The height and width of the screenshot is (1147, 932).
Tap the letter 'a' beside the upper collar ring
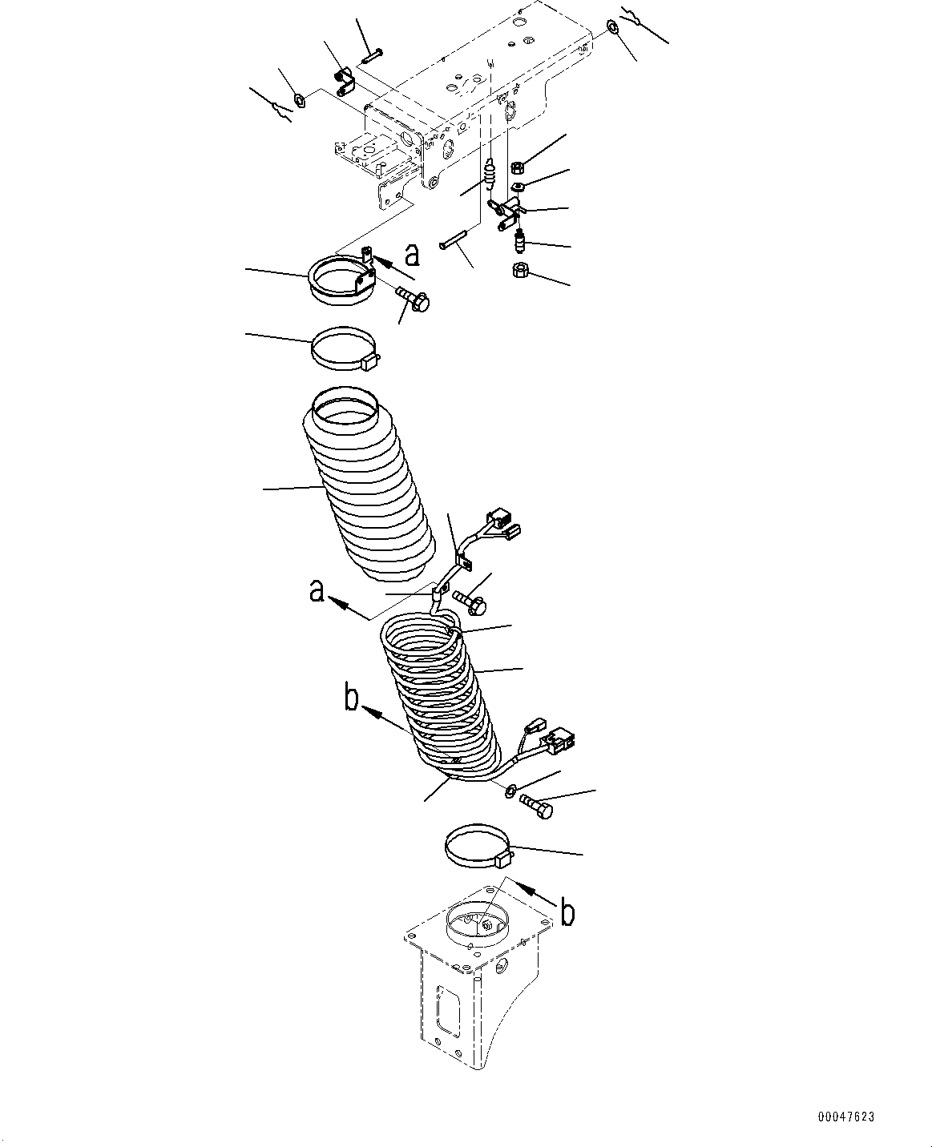tap(411, 255)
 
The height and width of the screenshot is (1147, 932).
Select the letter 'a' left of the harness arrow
tap(317, 593)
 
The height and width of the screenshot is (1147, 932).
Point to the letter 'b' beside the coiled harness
tap(351, 699)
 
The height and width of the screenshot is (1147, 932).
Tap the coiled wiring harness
tap(437, 697)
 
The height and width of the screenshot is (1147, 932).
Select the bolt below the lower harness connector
tap(536, 807)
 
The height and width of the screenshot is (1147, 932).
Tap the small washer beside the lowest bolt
tap(510, 792)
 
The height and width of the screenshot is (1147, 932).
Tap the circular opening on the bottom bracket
tap(477, 927)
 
